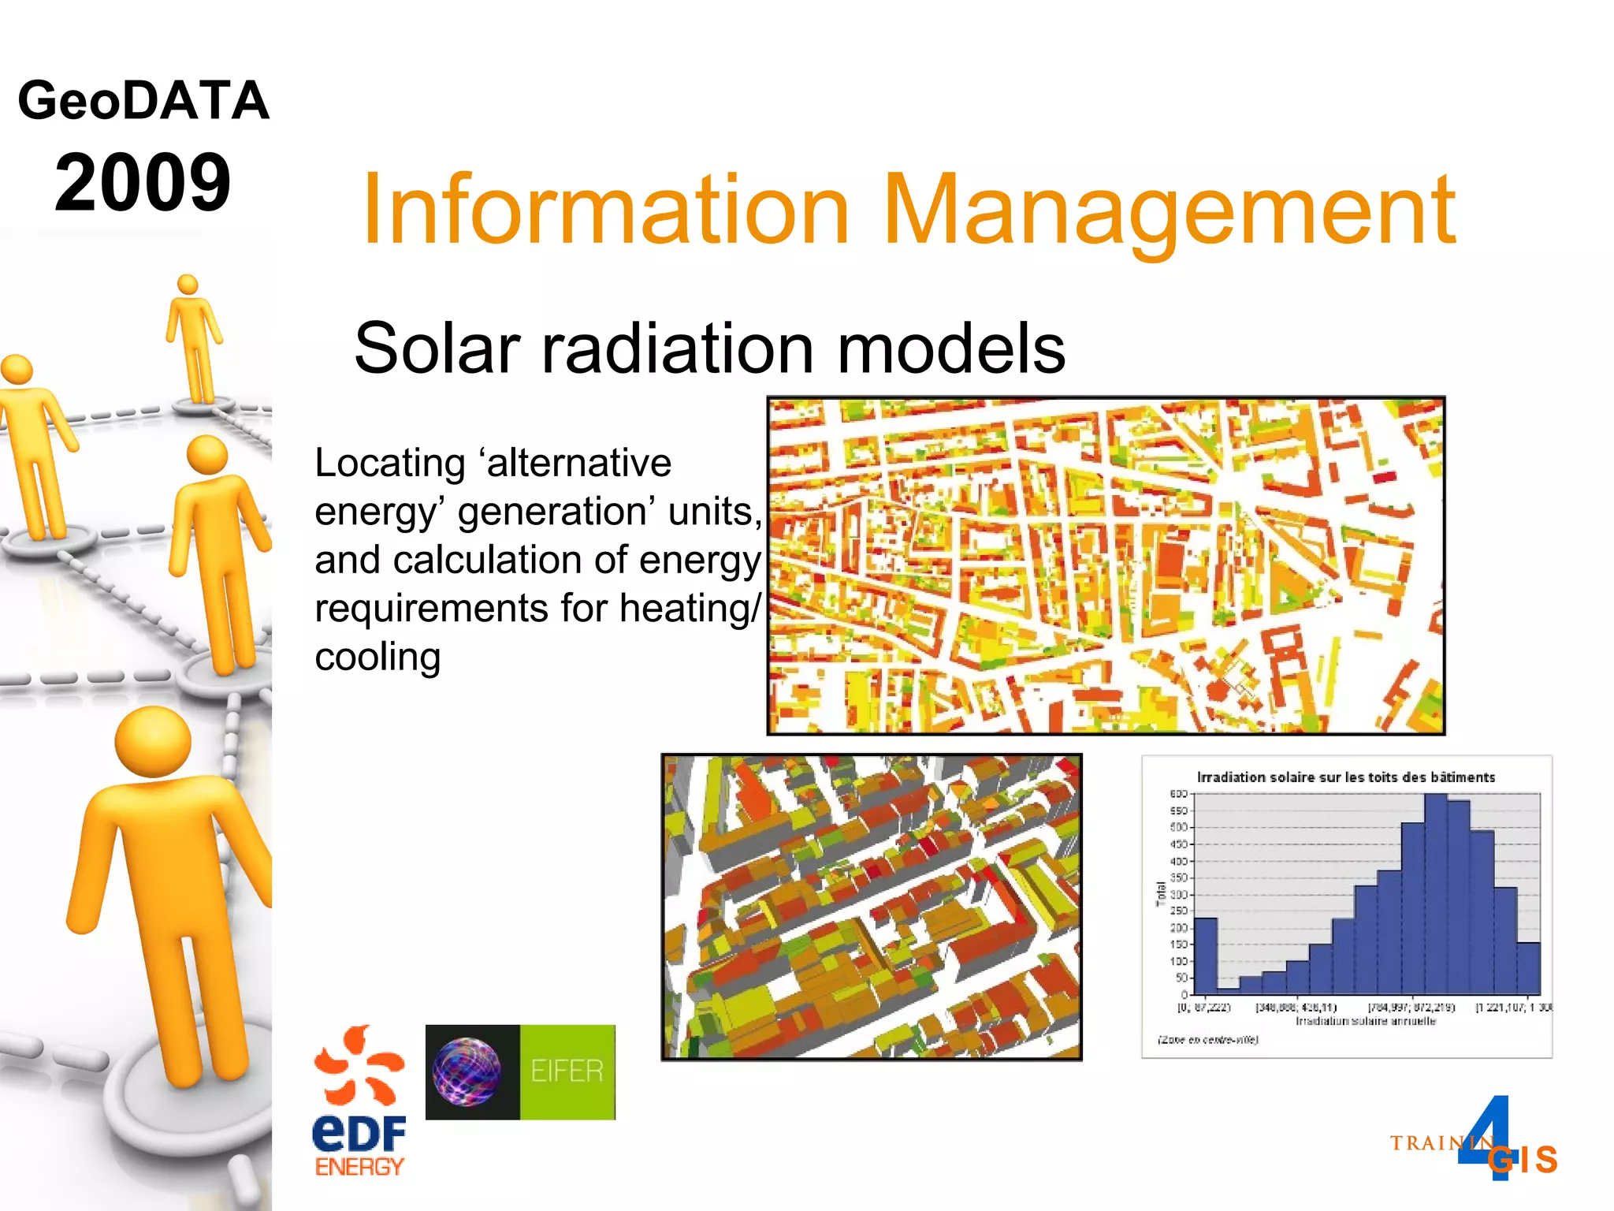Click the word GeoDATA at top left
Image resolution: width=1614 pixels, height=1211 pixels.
point(143,101)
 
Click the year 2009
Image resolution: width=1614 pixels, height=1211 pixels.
point(143,183)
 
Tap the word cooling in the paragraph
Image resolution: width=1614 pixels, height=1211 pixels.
point(377,657)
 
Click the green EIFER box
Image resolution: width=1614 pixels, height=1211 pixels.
point(567,1071)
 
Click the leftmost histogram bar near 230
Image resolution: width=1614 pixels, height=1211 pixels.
point(1206,956)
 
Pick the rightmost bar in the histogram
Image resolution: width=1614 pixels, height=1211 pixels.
point(1528,968)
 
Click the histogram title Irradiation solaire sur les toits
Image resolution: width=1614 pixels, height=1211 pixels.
point(1346,777)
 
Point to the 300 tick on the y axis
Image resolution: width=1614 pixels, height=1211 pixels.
point(1179,895)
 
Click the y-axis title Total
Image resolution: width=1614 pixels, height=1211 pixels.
point(1160,893)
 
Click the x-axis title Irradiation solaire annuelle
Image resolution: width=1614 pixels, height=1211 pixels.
point(1366,1021)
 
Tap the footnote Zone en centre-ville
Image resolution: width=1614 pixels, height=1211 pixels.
point(1207,1040)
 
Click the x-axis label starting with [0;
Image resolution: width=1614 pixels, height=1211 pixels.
point(1203,1008)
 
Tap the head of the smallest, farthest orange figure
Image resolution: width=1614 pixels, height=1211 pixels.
point(188,285)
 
